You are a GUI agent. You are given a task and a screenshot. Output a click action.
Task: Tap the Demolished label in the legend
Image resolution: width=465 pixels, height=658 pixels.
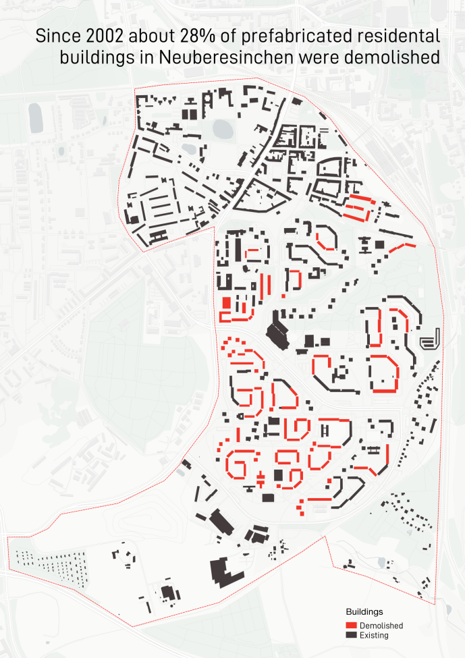(381, 626)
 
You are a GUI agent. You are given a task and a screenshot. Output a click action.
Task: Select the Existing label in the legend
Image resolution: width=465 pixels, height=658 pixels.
(374, 635)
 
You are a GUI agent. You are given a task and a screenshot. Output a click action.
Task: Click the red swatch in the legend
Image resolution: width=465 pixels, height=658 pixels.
(351, 626)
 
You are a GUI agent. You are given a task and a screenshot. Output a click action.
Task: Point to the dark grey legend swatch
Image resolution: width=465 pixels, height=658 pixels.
(351, 635)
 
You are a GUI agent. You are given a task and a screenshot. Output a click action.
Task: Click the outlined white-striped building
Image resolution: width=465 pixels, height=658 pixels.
(430, 339)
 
